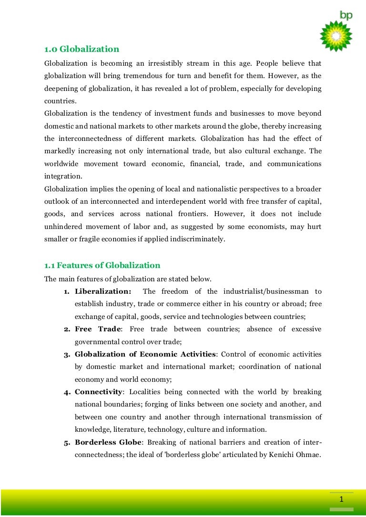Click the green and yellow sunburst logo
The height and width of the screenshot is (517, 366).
click(x=336, y=36)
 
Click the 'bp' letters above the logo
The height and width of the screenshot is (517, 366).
click(x=346, y=15)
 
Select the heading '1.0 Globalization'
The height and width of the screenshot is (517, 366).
click(x=81, y=49)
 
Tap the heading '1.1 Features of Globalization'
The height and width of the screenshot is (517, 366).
click(x=102, y=265)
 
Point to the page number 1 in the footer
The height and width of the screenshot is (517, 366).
click(x=342, y=499)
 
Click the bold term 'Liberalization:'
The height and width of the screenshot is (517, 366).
click(x=103, y=291)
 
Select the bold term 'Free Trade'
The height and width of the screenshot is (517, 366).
click(x=98, y=329)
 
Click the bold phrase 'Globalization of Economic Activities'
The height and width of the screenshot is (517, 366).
click(x=145, y=354)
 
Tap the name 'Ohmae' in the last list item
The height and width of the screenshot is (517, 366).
click(x=308, y=454)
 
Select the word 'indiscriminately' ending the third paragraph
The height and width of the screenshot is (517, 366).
click(x=197, y=239)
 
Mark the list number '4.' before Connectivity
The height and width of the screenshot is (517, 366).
click(x=68, y=393)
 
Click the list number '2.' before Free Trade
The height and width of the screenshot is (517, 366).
click(x=68, y=329)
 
